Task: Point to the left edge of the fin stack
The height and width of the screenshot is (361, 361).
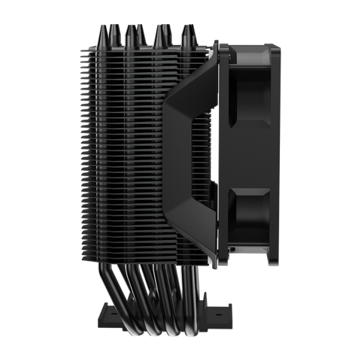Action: pyautogui.click(x=79, y=150)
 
